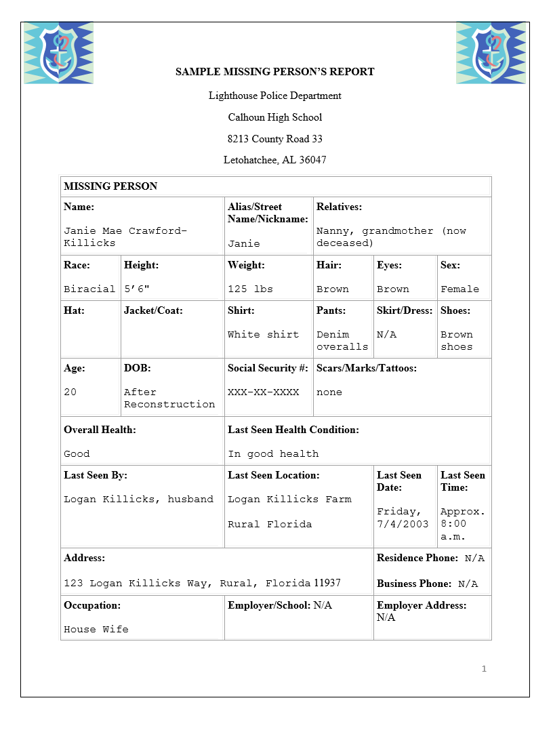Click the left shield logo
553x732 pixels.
(58, 53)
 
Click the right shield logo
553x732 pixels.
(491, 53)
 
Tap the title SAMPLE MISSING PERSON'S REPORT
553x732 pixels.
(275, 71)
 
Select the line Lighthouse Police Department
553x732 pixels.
(275, 96)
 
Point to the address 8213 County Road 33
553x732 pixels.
(275, 139)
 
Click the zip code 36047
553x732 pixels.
(312, 161)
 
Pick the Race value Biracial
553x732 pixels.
(89, 289)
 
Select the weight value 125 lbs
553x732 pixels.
(250, 289)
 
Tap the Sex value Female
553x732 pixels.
(459, 289)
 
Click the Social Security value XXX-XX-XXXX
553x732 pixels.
(263, 392)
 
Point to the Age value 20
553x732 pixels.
(70, 392)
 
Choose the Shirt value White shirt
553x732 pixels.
(263, 334)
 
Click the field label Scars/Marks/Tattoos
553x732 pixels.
(367, 368)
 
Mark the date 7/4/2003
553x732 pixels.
(403, 524)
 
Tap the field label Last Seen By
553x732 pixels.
(96, 475)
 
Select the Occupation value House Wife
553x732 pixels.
(96, 629)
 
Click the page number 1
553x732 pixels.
(484, 669)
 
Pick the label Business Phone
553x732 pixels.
(414, 584)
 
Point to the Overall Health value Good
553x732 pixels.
(77, 453)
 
